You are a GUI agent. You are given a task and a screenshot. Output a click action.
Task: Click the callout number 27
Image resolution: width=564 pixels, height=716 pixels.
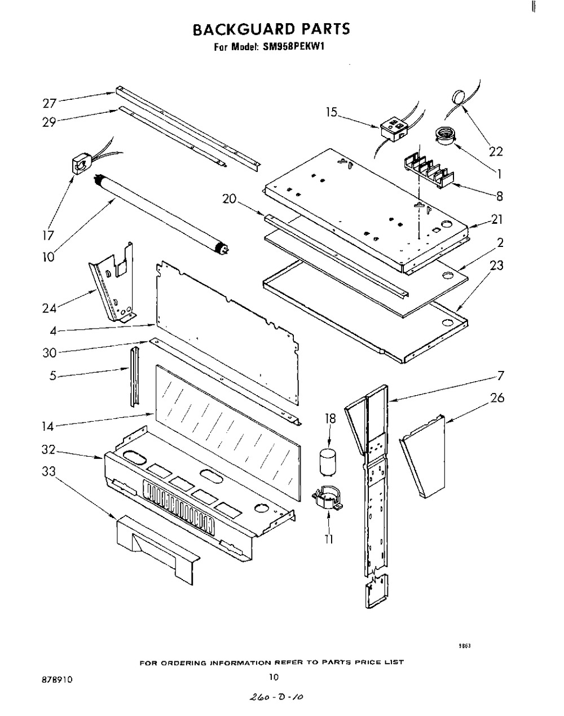pos(50,103)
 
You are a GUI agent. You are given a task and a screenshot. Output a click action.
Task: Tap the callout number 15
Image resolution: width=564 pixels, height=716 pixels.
pos(331,113)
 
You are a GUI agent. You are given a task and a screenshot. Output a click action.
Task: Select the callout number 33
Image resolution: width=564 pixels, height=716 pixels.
pos(50,472)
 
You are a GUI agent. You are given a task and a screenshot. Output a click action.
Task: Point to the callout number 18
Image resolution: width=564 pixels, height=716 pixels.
pos(330,418)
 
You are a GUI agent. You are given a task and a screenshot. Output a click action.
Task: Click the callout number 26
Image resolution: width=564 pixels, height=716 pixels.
pos(496,399)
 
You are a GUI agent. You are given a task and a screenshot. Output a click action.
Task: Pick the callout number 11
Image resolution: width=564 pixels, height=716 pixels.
pos(329,539)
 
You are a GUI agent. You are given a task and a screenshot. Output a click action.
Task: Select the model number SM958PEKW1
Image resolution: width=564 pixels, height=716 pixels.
pos(292,48)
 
